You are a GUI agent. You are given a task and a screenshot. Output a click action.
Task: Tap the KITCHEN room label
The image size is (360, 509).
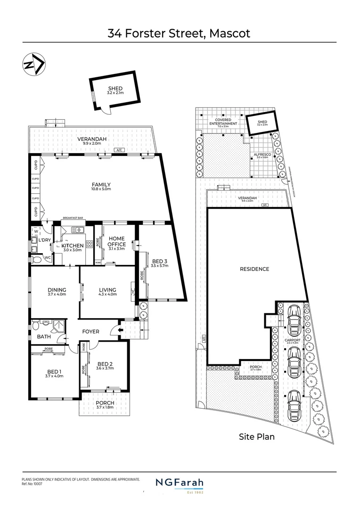[74, 246]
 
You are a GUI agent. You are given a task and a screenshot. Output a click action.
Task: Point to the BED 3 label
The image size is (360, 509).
[160, 261]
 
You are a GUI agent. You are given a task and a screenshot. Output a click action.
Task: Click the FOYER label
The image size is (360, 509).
[91, 331]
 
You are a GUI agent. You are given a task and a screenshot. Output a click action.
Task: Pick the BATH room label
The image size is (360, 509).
[44, 337]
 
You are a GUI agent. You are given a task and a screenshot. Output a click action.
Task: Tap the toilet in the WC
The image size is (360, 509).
[36, 258]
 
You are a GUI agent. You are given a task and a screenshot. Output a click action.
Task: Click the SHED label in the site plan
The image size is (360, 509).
[262, 122]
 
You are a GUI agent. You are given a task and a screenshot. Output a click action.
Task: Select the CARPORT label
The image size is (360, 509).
[292, 339]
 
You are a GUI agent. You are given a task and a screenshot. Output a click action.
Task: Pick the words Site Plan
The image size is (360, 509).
[256, 437]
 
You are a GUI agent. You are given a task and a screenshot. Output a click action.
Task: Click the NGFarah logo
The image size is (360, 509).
[180, 483]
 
